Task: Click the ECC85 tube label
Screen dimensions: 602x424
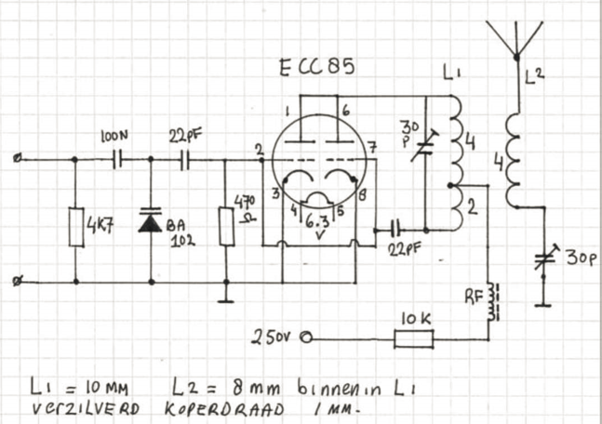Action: [x=316, y=68]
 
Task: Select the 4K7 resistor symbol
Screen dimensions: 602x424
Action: [x=76, y=227]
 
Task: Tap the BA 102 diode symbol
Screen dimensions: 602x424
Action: [x=150, y=219]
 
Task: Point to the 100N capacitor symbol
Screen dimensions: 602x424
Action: [x=117, y=160]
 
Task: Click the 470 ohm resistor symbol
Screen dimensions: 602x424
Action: [x=227, y=226]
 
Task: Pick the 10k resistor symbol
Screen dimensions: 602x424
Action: [x=414, y=338]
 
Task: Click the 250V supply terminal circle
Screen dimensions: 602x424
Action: [x=307, y=338]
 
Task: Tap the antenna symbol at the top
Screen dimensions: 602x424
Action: [x=515, y=38]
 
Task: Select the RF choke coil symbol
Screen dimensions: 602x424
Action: [x=493, y=301]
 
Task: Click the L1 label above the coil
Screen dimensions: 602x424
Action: [x=451, y=73]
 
